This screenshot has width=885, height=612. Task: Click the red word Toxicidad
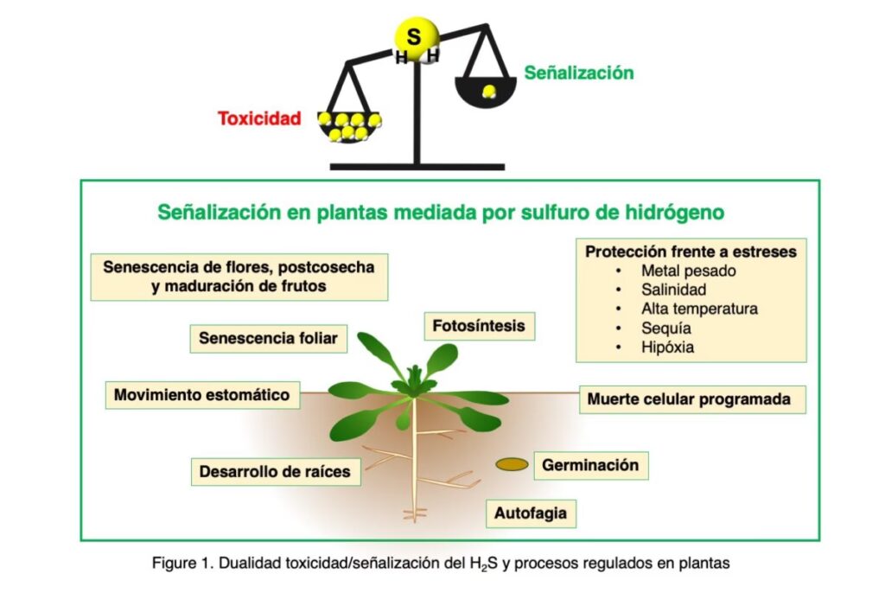[259, 118]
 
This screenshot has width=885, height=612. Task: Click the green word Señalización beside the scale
[578, 73]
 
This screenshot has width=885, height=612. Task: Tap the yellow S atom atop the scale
[416, 38]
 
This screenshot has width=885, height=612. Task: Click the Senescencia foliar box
[268, 338]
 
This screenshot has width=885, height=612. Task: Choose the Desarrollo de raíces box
[275, 472]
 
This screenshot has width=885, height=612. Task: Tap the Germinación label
[590, 465]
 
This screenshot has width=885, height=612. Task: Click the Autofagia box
[531, 513]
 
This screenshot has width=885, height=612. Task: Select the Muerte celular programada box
[689, 399]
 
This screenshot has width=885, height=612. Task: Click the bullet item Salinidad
[673, 290]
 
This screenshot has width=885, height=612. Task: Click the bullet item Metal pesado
[688, 271]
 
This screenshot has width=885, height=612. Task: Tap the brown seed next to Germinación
[512, 465]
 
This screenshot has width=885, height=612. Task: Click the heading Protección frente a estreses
[691, 252]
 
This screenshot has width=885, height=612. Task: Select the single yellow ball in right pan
[489, 92]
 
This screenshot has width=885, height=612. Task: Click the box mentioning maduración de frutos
[239, 277]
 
